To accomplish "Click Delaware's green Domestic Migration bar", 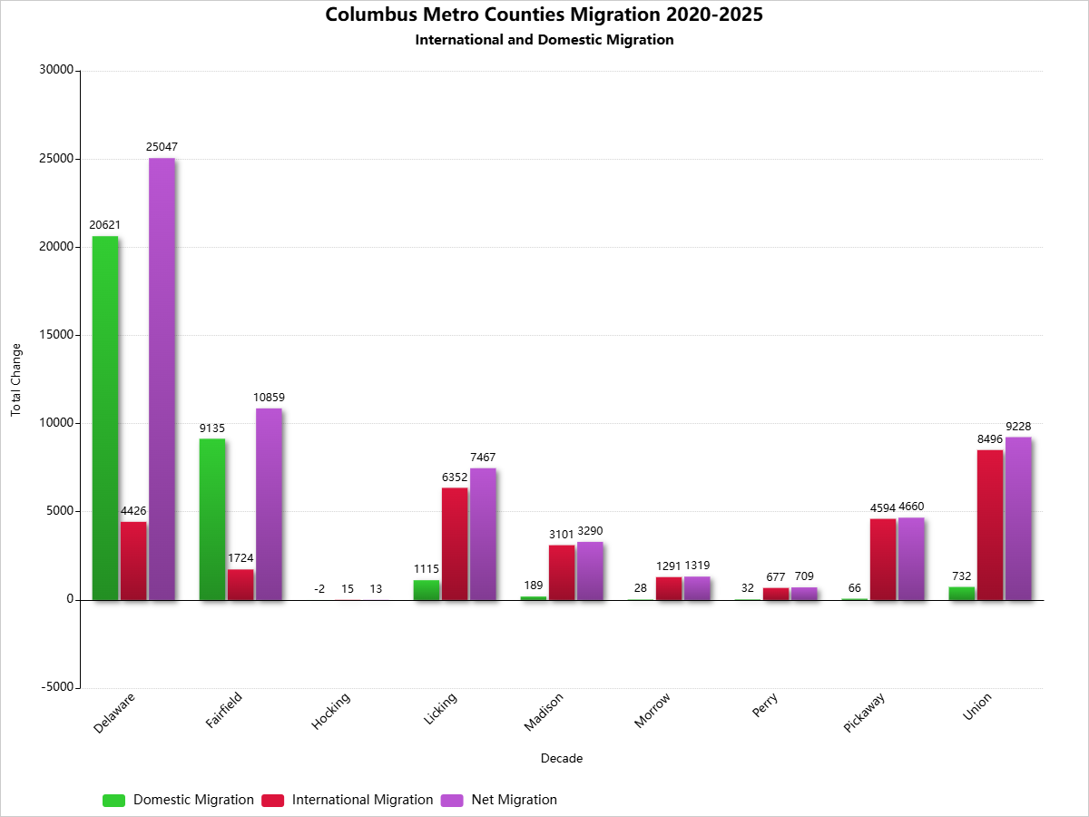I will point(105,418).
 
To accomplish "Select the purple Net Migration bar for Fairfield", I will point(269,504).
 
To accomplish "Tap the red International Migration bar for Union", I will point(990,525).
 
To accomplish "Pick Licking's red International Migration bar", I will point(455,543).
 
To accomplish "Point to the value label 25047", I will point(162,146).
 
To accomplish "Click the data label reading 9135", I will point(212,428).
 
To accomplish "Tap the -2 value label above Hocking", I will point(319,589).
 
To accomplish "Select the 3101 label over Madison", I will point(562,535).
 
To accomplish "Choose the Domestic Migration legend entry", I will point(179,800).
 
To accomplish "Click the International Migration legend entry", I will point(348,800).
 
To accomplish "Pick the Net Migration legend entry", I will point(499,800).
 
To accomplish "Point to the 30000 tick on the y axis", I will point(56,70).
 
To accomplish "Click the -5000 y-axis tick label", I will point(56,687).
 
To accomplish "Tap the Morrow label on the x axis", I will point(652,710).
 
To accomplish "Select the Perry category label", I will point(765,705).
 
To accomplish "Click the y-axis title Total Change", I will point(15,379).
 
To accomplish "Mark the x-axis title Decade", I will point(562,758).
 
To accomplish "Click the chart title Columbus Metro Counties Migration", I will point(544,15).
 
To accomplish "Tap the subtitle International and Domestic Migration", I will point(544,40).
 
